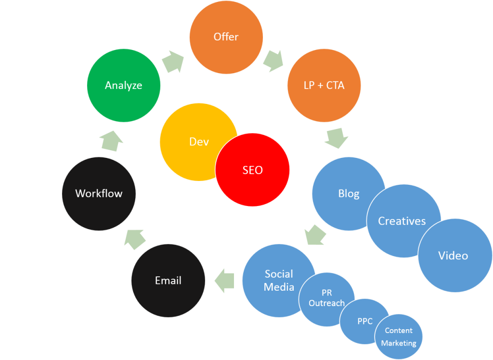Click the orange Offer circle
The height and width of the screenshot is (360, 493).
226,37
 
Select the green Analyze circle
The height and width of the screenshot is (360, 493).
124,86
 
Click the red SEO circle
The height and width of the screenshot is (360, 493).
253,170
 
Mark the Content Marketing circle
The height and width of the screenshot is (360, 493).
399,337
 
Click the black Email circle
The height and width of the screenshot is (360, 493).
168,281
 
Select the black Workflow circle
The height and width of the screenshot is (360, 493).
99,193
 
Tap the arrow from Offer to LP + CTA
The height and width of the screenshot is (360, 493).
273,61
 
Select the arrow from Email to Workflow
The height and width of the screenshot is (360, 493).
135,238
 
